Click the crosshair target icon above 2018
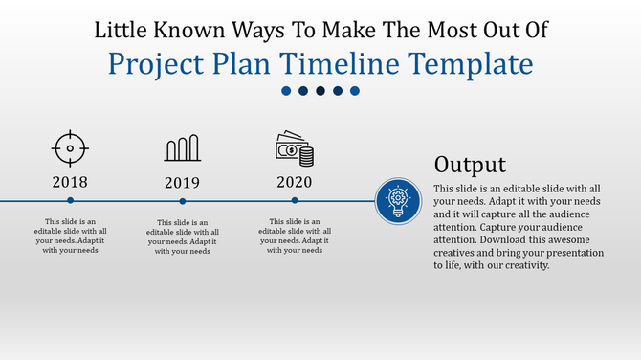(70, 148)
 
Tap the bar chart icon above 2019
(182, 148)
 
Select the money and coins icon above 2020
(295, 148)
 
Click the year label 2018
(70, 182)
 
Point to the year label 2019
(182, 183)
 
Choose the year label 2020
(295, 182)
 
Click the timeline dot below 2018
(70, 201)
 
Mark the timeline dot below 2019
(182, 201)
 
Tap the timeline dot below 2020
(295, 201)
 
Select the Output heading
(470, 164)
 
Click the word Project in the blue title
(156, 64)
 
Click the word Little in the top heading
(122, 29)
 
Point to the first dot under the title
(286, 91)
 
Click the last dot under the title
(354, 91)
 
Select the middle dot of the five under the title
(320, 91)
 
